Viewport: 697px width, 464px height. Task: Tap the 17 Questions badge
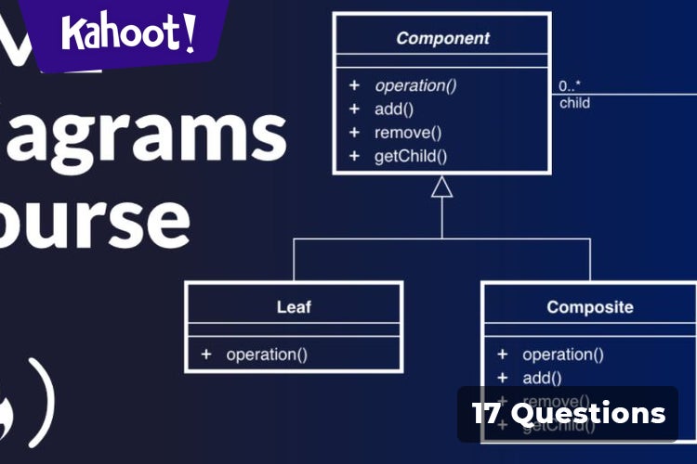click(x=568, y=413)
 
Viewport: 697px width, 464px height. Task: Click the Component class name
click(x=441, y=38)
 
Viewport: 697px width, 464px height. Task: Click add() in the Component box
click(x=394, y=109)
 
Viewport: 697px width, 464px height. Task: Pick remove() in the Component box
click(x=408, y=133)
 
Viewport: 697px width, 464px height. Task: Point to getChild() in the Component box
click(x=411, y=156)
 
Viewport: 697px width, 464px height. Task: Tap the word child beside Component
click(x=574, y=103)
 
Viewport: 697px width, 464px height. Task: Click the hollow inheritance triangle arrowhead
click(x=442, y=187)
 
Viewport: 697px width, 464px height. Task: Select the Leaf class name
click(x=294, y=306)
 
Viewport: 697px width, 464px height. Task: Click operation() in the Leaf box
click(x=267, y=354)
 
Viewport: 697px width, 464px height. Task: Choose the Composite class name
click(x=589, y=306)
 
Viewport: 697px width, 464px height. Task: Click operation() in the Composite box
click(x=563, y=354)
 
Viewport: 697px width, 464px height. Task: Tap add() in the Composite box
click(x=542, y=377)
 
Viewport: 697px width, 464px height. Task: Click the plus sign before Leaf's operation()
click(x=205, y=354)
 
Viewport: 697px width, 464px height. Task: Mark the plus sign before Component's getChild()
click(x=353, y=156)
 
